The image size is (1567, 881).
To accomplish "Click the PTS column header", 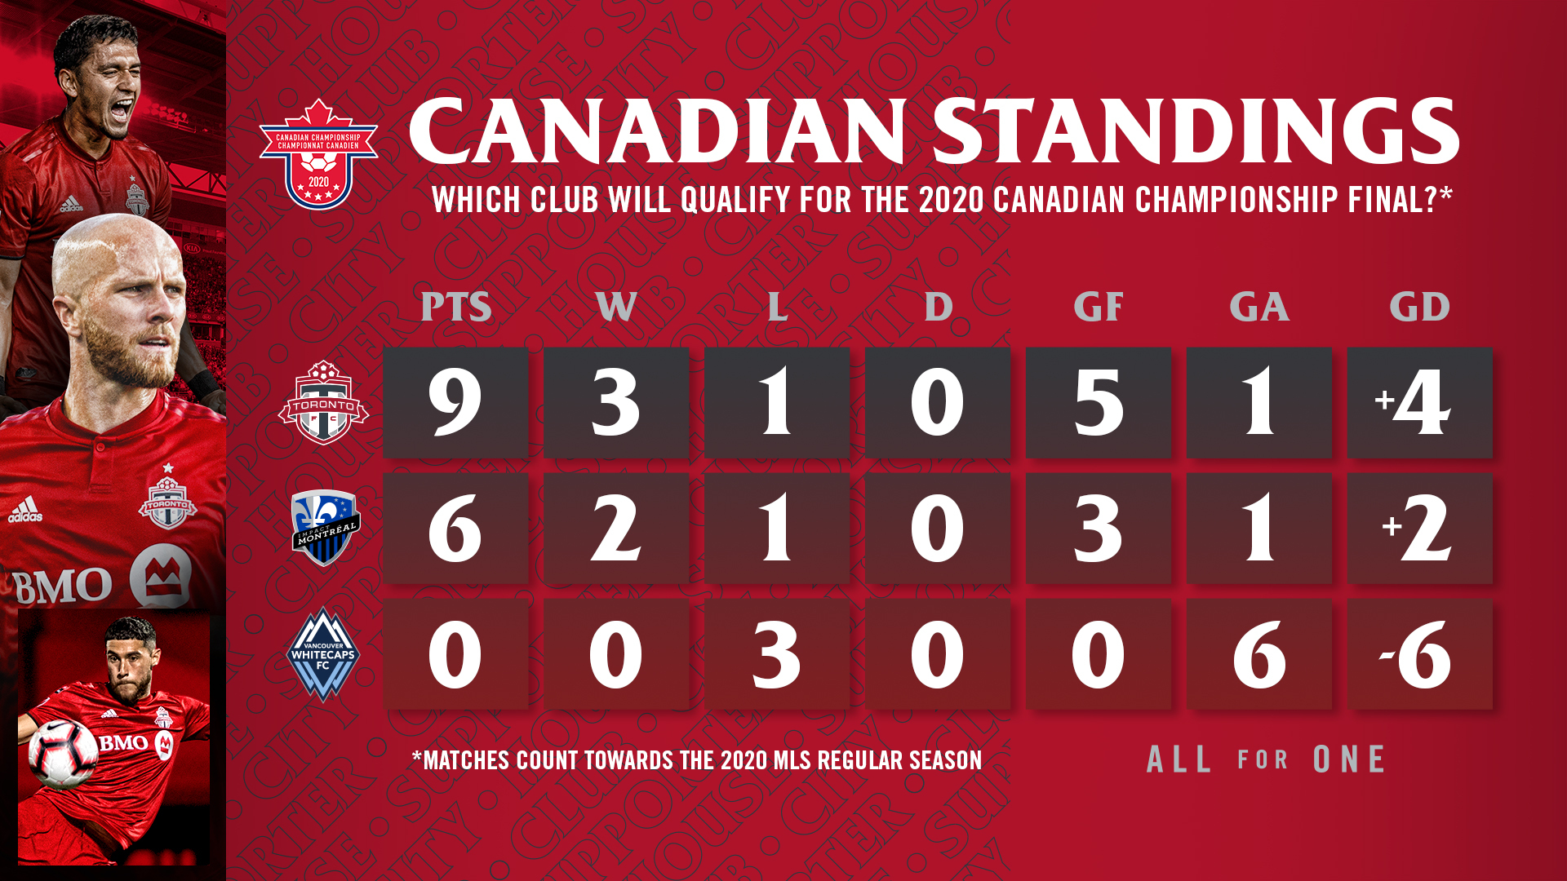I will coord(455,307).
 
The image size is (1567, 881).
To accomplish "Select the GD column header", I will coord(1419,307).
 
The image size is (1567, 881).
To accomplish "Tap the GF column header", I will coord(1098,307).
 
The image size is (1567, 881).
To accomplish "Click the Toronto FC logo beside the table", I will coord(323,402).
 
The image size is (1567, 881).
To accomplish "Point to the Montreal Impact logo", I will coord(325,528).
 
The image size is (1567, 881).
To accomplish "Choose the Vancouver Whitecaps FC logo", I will coord(323,654).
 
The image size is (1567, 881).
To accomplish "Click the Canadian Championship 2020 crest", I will coord(318,155).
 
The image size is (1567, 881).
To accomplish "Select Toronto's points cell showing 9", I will coord(455,402).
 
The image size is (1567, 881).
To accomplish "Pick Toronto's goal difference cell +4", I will coord(1419,402).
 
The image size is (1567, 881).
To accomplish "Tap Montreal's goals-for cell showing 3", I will coord(1098,528).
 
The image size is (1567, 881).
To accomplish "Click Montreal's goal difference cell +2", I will coord(1419,528).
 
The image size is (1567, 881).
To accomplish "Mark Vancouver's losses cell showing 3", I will coord(776,654).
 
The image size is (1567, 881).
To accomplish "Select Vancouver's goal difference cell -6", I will coord(1419,654).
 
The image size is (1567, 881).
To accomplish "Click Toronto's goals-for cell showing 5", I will coord(1098,402).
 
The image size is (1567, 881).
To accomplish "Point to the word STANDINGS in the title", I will coord(1196,131).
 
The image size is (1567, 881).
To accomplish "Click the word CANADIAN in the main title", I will coord(658,131).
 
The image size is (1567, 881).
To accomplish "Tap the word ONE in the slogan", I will coord(1349,759).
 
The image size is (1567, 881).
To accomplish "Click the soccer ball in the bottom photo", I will coord(63,751).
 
